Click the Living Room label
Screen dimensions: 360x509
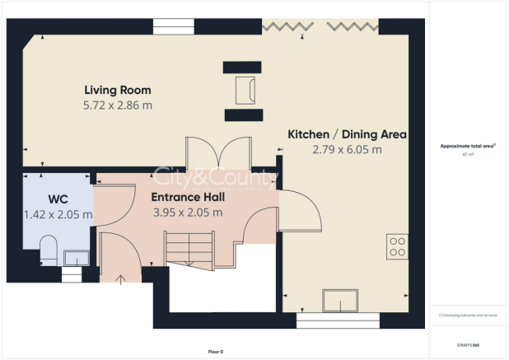(x=118, y=90)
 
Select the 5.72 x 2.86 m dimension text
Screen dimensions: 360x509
(x=118, y=105)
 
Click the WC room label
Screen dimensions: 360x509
(x=58, y=198)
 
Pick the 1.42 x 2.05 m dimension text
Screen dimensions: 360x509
(x=58, y=214)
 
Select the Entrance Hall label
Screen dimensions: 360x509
(x=187, y=197)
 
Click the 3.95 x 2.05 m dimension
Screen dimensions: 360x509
(x=188, y=213)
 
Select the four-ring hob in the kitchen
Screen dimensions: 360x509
(x=397, y=246)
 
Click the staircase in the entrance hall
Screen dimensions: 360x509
(x=189, y=247)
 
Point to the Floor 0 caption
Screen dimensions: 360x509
(x=215, y=352)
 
